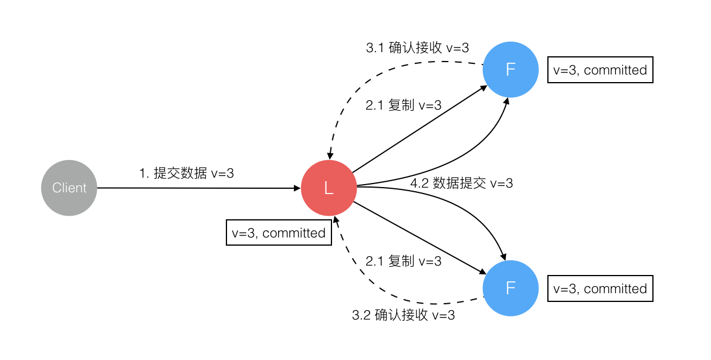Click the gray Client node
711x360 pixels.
[69, 188]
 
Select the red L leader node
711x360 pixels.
[329, 188]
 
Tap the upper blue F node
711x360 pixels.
[510, 69]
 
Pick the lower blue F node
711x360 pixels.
[510, 288]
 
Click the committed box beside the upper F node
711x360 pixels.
[600, 70]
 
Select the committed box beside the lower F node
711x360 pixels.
[600, 289]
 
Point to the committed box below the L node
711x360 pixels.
[279, 233]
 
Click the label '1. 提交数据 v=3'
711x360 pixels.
[187, 173]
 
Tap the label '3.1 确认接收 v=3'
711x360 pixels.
[417, 48]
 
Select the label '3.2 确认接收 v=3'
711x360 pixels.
[403, 315]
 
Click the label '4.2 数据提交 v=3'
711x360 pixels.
[461, 183]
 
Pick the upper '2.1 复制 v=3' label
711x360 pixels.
[403, 106]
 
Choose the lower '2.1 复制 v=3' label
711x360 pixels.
[403, 261]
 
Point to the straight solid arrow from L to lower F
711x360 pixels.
[419, 237]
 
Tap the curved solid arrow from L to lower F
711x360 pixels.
[463, 205]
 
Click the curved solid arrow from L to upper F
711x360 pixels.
[463, 157]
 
